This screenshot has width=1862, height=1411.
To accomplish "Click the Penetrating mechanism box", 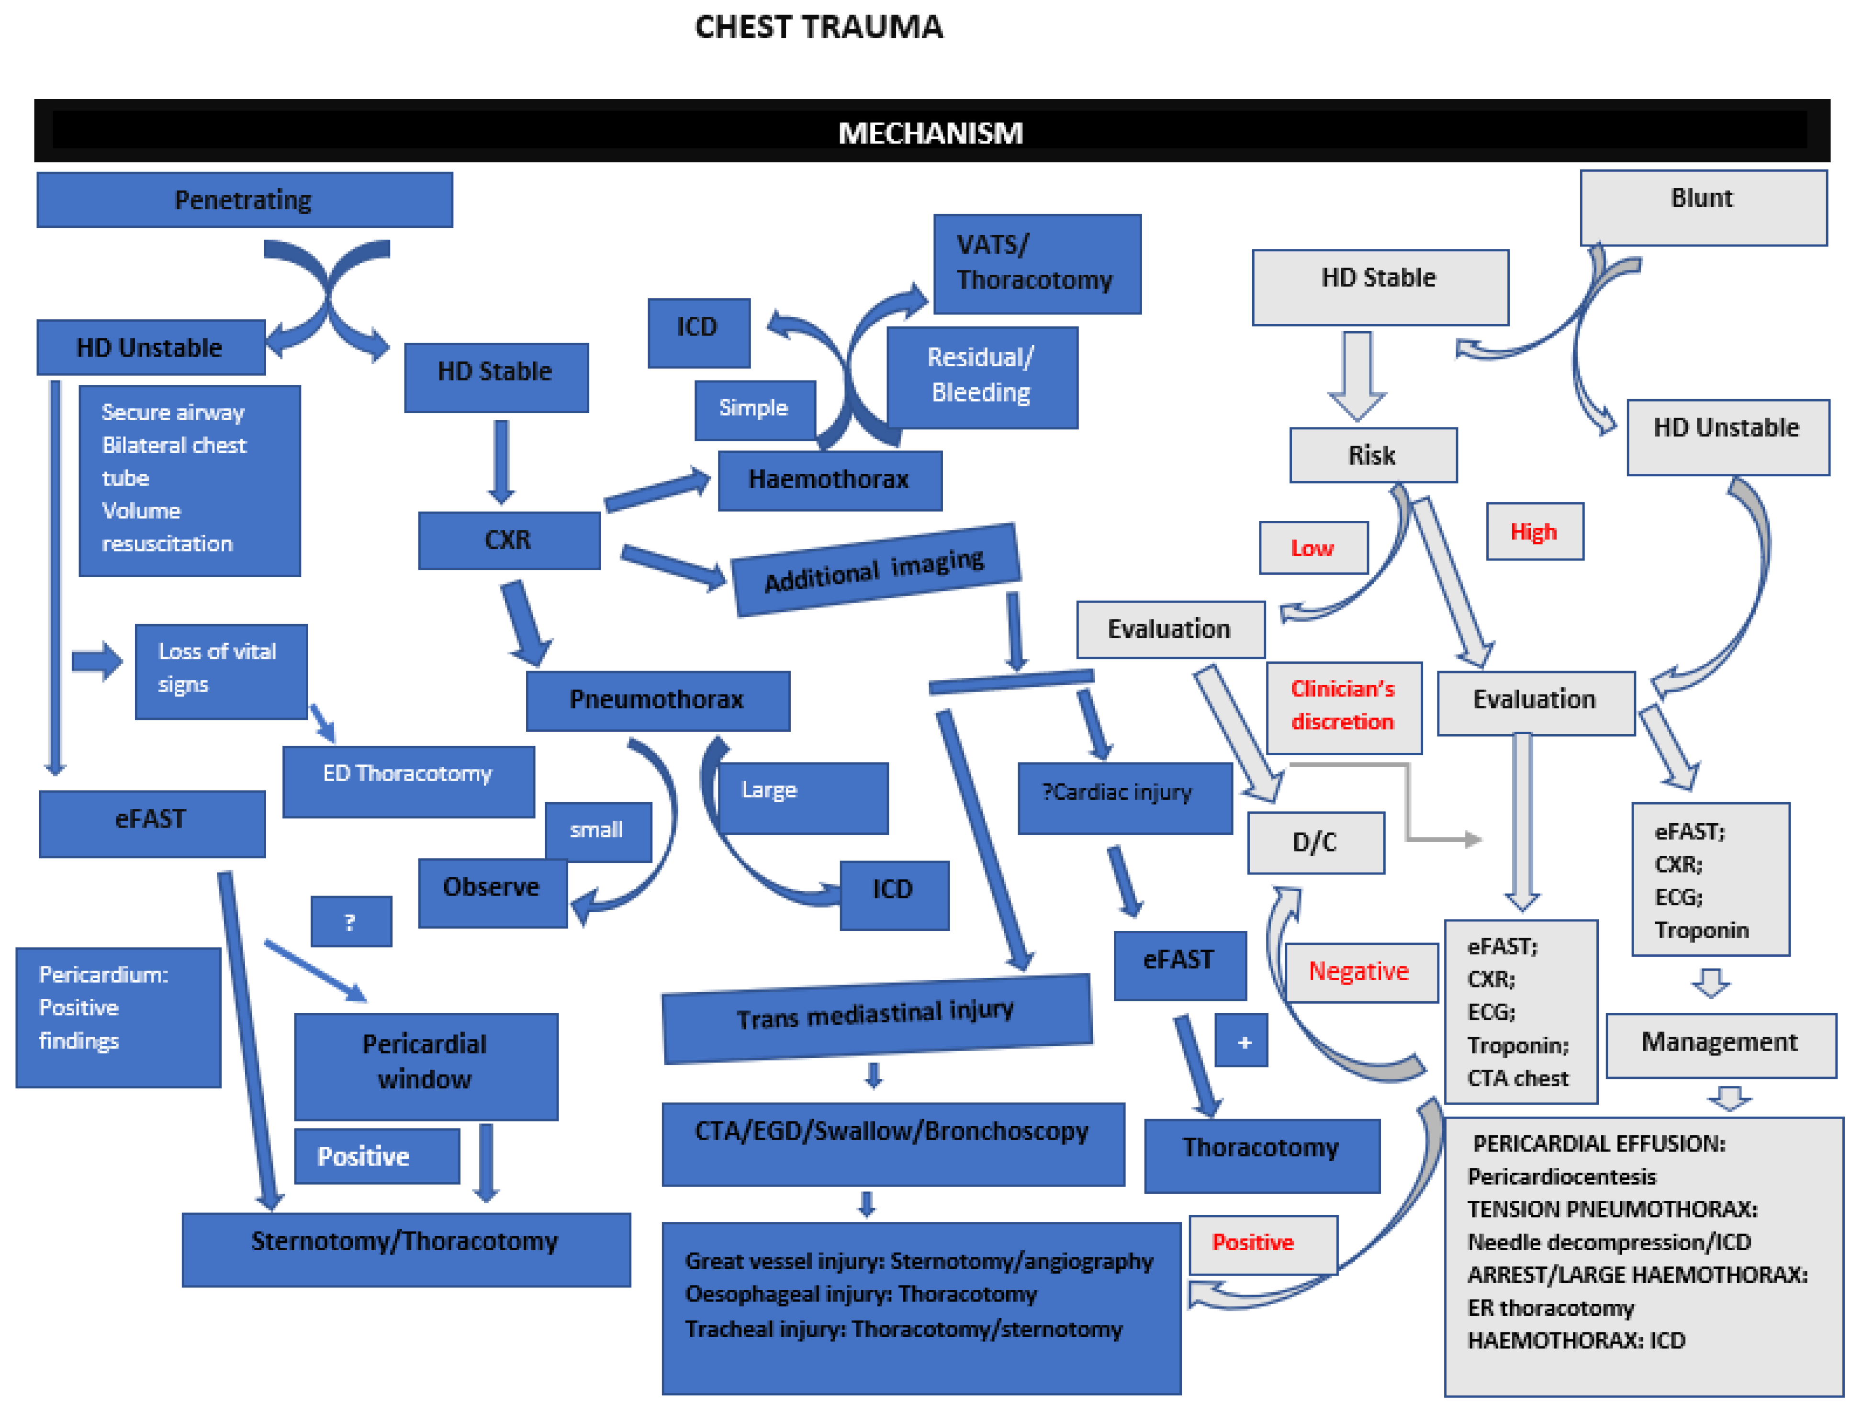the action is click(244, 200).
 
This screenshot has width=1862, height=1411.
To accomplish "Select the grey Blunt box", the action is click(1703, 208).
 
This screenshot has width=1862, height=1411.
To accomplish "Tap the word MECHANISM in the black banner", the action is click(930, 133).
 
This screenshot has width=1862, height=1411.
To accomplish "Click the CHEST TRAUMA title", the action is click(818, 27).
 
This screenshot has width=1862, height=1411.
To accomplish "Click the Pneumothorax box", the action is click(657, 700).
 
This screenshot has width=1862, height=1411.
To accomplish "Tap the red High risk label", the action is click(1535, 531).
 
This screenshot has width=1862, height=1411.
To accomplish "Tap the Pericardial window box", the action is click(426, 1066).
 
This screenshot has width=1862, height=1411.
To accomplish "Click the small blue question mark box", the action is click(351, 922).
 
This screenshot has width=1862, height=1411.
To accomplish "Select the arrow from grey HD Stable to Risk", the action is click(1357, 375).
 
